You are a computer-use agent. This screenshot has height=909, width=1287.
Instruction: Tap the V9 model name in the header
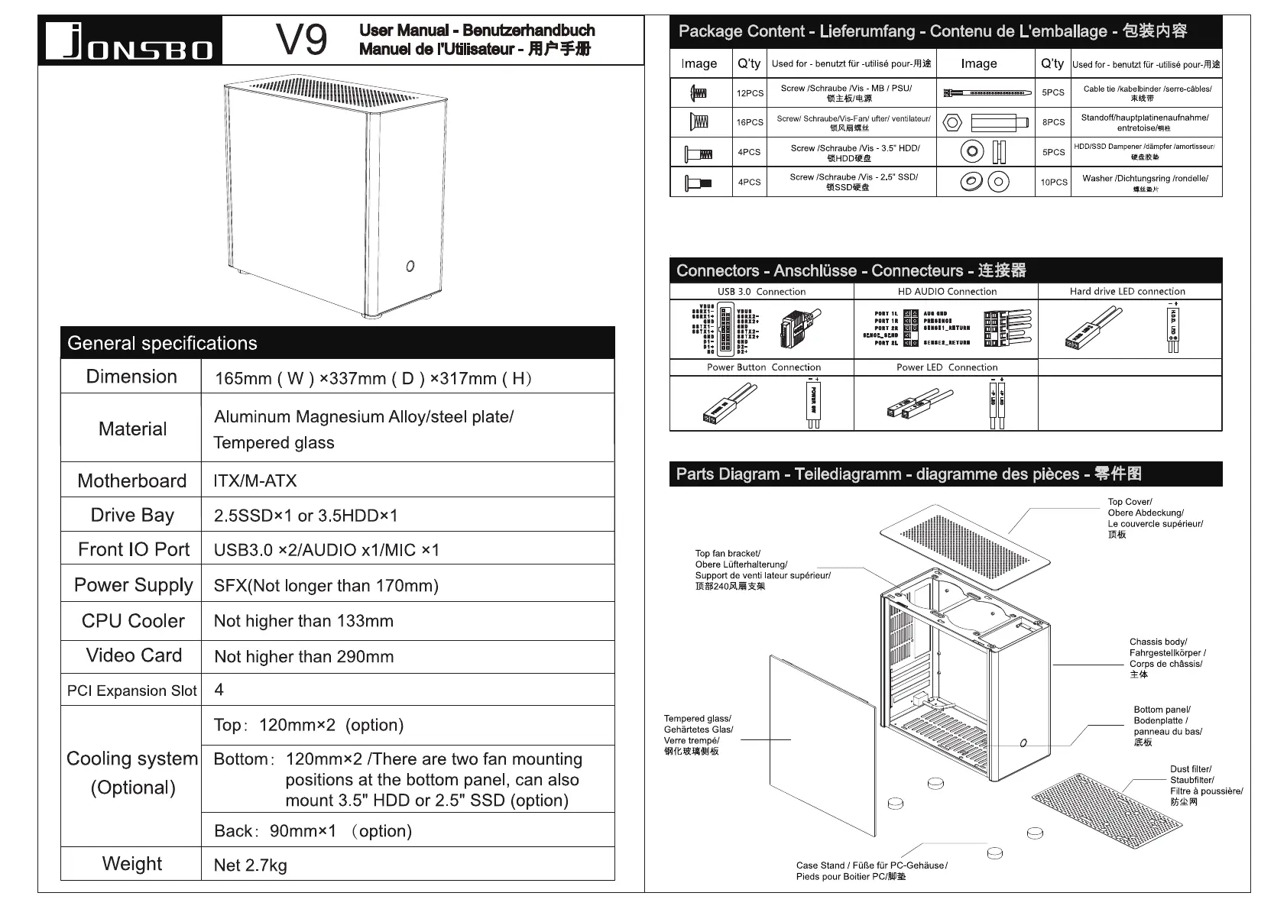click(x=301, y=40)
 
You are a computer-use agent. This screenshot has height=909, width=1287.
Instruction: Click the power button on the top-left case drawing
click(x=410, y=266)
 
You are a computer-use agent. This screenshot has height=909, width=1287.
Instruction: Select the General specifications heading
click(x=163, y=343)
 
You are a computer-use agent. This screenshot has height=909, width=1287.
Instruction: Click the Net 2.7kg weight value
click(x=251, y=865)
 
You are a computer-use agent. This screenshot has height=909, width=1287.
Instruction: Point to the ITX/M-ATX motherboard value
click(x=255, y=480)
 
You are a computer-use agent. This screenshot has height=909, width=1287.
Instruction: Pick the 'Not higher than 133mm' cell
click(x=303, y=621)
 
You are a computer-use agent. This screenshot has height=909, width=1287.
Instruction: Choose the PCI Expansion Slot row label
click(x=131, y=691)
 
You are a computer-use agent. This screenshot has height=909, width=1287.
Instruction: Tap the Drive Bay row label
click(x=132, y=515)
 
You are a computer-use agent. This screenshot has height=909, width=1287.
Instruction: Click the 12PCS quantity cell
click(x=750, y=93)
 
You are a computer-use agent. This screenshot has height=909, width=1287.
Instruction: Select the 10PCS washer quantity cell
click(x=1053, y=183)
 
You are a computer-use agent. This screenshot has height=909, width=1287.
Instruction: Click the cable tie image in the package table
click(x=985, y=93)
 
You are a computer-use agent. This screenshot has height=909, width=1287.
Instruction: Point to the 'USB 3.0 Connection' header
click(x=761, y=291)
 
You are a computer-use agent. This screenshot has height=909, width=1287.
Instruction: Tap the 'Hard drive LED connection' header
click(x=1127, y=291)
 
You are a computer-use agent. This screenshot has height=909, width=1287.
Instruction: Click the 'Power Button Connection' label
click(x=763, y=367)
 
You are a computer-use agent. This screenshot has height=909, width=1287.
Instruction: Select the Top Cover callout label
click(x=1154, y=518)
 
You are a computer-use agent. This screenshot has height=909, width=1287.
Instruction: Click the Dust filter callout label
click(x=1205, y=785)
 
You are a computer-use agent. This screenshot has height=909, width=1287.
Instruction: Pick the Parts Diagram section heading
click(x=908, y=474)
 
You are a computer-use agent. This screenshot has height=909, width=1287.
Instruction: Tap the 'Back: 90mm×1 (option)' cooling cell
click(x=313, y=830)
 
